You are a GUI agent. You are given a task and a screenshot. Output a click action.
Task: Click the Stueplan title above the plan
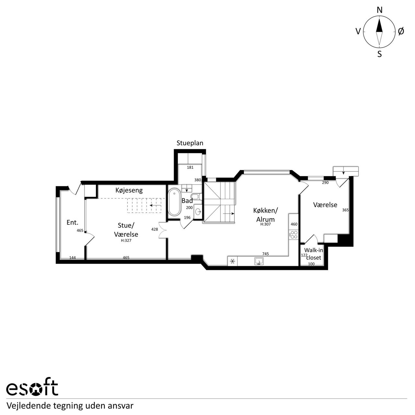coord(190,143)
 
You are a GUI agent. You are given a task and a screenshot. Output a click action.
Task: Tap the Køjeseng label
coord(129,190)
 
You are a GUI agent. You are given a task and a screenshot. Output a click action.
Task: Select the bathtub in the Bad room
coord(174,202)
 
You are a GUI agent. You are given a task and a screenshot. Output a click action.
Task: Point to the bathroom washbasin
coord(198,212)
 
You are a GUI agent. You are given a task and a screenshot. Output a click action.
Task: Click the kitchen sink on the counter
coord(259,261)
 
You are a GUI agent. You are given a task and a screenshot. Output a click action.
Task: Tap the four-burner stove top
coord(294,234)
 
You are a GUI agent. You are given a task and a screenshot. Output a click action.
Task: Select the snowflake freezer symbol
coord(232,261)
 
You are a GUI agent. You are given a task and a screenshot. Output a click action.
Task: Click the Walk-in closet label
coord(313,254)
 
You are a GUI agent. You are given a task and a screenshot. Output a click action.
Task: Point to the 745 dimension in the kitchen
coord(266,254)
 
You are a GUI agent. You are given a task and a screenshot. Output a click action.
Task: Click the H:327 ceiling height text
coord(126,241)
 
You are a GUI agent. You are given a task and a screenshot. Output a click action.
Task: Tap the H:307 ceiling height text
coord(266,224)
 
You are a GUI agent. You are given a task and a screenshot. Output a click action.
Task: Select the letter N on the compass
coord(379,10)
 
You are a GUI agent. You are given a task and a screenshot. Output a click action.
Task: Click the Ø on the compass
coord(401,31)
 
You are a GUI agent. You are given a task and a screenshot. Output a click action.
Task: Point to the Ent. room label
coord(72,222)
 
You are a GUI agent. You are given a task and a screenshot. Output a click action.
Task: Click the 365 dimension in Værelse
coord(345,210)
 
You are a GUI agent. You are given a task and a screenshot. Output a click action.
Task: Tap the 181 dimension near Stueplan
coord(190,167)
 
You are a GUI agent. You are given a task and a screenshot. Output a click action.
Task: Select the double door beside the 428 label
coord(163,230)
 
